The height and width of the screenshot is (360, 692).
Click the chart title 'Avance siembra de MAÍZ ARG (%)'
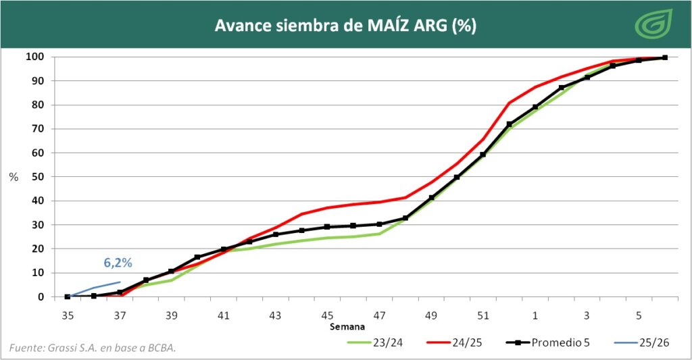pos(345,26)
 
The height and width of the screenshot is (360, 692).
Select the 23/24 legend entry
pos(382,342)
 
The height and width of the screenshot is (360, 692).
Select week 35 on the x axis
pos(68,315)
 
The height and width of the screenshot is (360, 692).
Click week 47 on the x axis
pos(379,315)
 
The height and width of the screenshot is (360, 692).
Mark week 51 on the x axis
pos(483,315)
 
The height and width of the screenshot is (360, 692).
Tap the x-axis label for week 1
pos(535,315)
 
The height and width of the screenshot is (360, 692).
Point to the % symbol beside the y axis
pos(14,177)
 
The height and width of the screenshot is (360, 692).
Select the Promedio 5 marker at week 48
pos(405,218)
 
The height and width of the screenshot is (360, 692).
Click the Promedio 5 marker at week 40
pos(197,257)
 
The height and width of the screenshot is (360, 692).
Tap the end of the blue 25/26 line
pos(120,282)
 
